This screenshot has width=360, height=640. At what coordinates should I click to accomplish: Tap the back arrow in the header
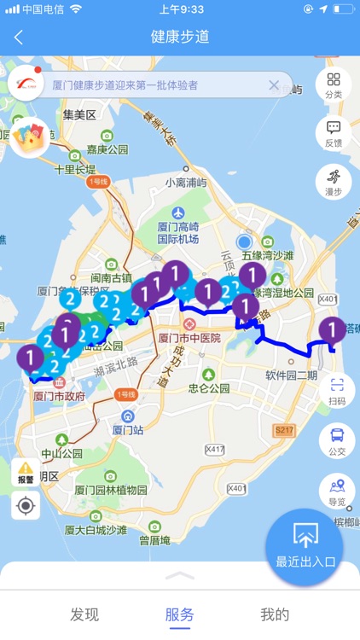19,38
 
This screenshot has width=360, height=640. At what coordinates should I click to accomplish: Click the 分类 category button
334,85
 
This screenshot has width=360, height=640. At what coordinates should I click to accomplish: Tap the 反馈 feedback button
334,134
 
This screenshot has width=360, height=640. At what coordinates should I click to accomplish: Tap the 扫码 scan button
337,391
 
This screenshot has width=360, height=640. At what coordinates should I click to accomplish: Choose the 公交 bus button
337,440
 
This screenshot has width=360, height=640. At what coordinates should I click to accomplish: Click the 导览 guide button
337,491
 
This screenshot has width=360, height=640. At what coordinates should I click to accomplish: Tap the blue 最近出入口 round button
305,547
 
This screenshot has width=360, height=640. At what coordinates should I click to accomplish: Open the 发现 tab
84,614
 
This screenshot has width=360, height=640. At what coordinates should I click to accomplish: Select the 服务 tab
180,614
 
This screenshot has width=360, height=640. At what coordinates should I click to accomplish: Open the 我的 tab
275,614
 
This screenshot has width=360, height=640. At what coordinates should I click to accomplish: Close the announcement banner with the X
274,85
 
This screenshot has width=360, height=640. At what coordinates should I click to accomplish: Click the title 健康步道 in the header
180,38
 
